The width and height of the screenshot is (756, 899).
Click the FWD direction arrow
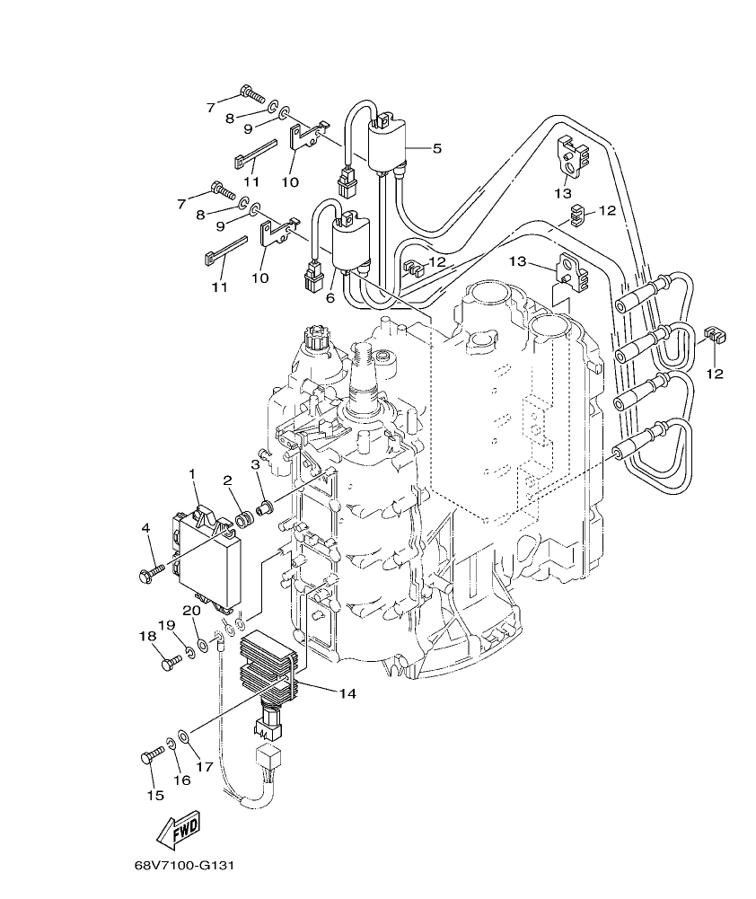178,831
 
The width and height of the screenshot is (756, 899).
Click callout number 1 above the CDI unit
191,473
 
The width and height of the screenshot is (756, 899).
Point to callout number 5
436,148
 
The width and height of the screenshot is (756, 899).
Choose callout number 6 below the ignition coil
330,297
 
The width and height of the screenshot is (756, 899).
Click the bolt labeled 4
153,568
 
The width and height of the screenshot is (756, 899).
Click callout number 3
256,464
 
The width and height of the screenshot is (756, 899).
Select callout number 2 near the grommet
229,480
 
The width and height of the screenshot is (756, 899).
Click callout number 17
204,766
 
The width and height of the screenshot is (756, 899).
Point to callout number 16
181,780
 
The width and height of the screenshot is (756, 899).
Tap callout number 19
166,625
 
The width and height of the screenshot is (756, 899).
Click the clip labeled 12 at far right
715,336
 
